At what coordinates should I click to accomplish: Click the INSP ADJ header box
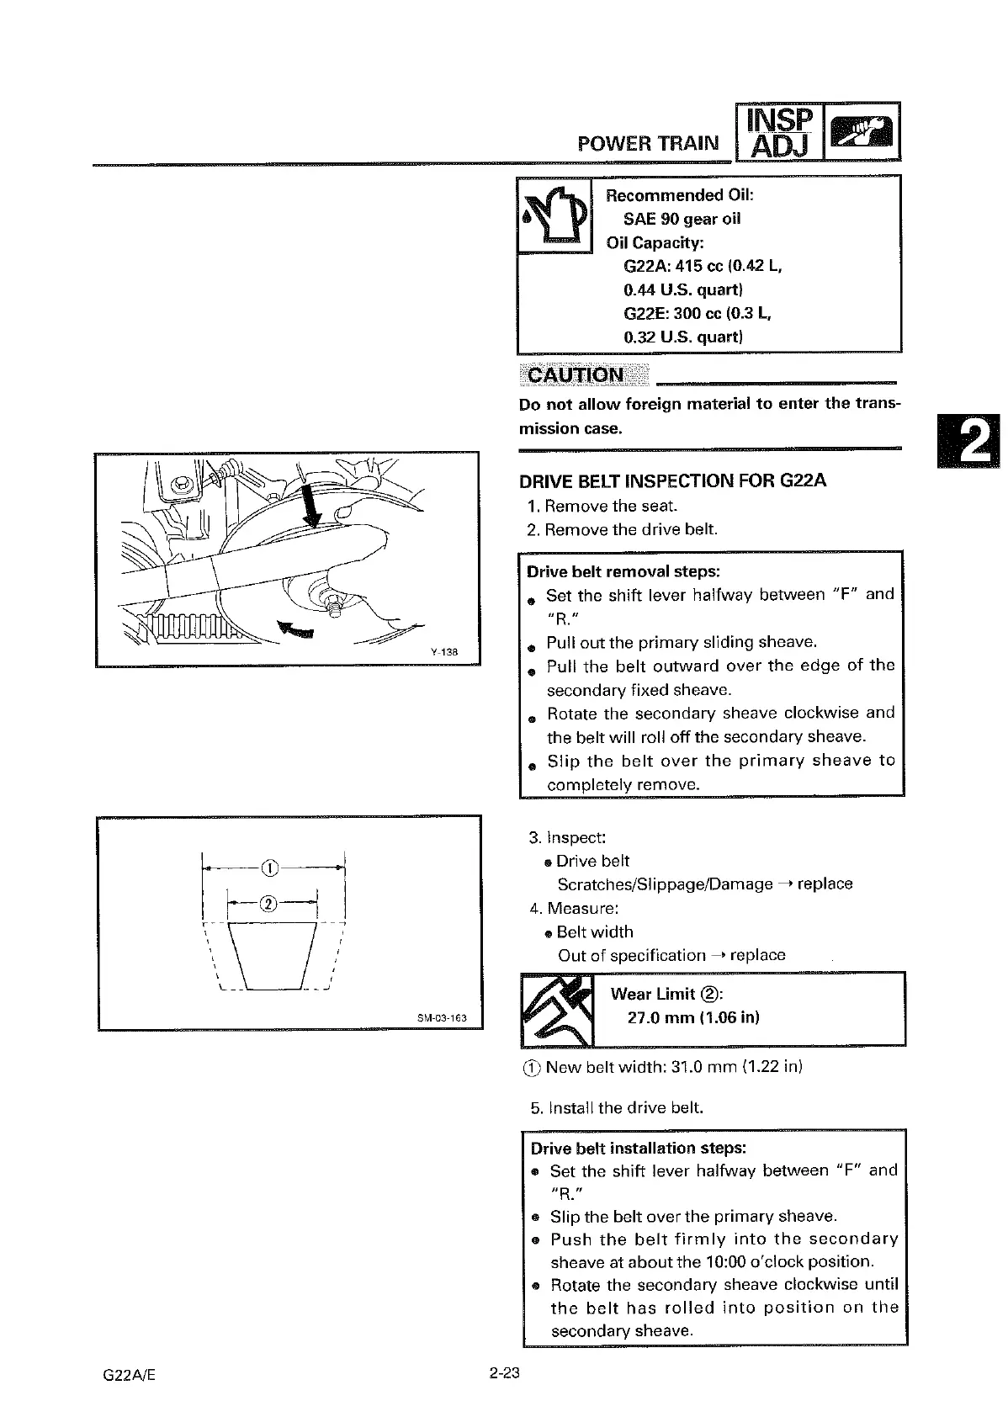[x=779, y=132]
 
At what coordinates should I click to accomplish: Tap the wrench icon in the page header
[x=862, y=132]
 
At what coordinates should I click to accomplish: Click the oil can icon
[x=554, y=215]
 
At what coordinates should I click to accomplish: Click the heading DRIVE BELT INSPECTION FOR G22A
[x=672, y=481]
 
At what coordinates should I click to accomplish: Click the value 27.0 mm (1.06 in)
[x=693, y=1017]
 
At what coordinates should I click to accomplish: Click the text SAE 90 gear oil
[x=682, y=219]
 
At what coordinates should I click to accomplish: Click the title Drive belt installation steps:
[x=639, y=1148]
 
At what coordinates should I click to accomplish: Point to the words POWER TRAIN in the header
[x=648, y=142]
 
